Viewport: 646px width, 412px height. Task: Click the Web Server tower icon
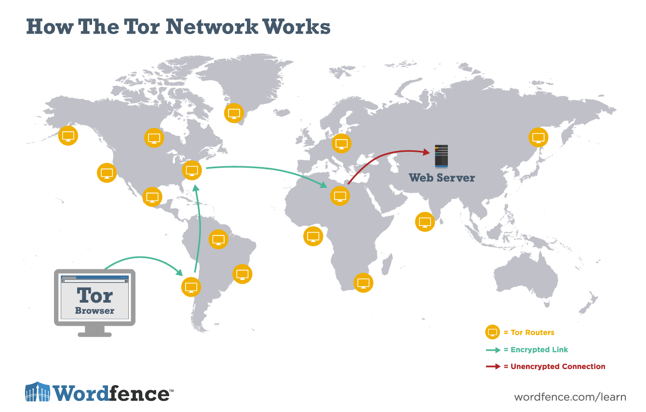click(441, 156)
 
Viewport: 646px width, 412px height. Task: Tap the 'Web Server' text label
click(442, 178)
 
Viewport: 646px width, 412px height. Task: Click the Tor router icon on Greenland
click(234, 113)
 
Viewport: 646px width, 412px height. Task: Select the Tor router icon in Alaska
click(68, 135)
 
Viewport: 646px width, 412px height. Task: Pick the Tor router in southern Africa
click(363, 282)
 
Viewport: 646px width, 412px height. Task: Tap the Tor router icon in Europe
click(341, 143)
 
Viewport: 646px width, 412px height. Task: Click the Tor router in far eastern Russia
click(538, 137)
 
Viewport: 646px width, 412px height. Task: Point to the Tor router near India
click(425, 222)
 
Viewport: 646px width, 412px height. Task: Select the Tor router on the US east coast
click(191, 170)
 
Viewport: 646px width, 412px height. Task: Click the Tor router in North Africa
click(340, 196)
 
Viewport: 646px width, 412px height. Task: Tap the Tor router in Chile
click(191, 287)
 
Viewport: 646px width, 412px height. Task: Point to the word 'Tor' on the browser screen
click(94, 294)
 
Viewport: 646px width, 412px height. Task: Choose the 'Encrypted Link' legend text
click(539, 350)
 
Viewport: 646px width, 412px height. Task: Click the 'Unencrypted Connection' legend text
click(558, 367)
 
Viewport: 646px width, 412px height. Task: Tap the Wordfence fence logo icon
click(38, 392)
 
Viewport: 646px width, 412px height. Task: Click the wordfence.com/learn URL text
click(570, 397)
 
